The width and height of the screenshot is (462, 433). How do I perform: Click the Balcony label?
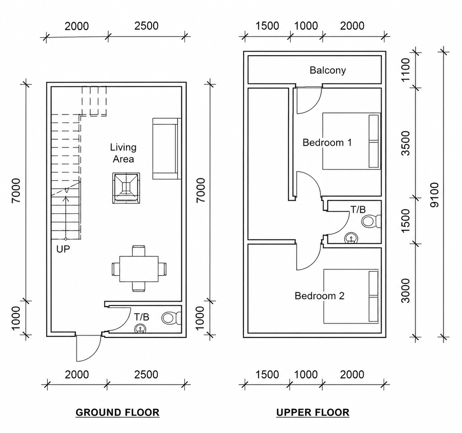click(328, 70)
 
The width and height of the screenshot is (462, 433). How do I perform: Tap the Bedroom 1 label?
click(327, 143)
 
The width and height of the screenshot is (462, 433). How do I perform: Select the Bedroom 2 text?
click(319, 296)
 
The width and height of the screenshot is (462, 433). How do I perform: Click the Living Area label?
click(123, 153)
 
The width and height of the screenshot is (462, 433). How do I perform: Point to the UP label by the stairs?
click(63, 249)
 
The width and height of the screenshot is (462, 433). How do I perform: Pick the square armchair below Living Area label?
click(126, 188)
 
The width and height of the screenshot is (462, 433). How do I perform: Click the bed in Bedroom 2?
click(351, 296)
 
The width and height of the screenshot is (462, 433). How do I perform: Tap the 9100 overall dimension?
click(434, 195)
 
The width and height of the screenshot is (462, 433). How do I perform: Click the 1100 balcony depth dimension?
click(406, 70)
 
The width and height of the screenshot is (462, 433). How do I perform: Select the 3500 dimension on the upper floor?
click(406, 143)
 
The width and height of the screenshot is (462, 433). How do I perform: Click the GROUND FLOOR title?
click(117, 412)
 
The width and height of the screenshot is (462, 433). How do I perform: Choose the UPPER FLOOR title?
click(313, 412)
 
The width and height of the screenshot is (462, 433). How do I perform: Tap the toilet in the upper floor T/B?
click(371, 221)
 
